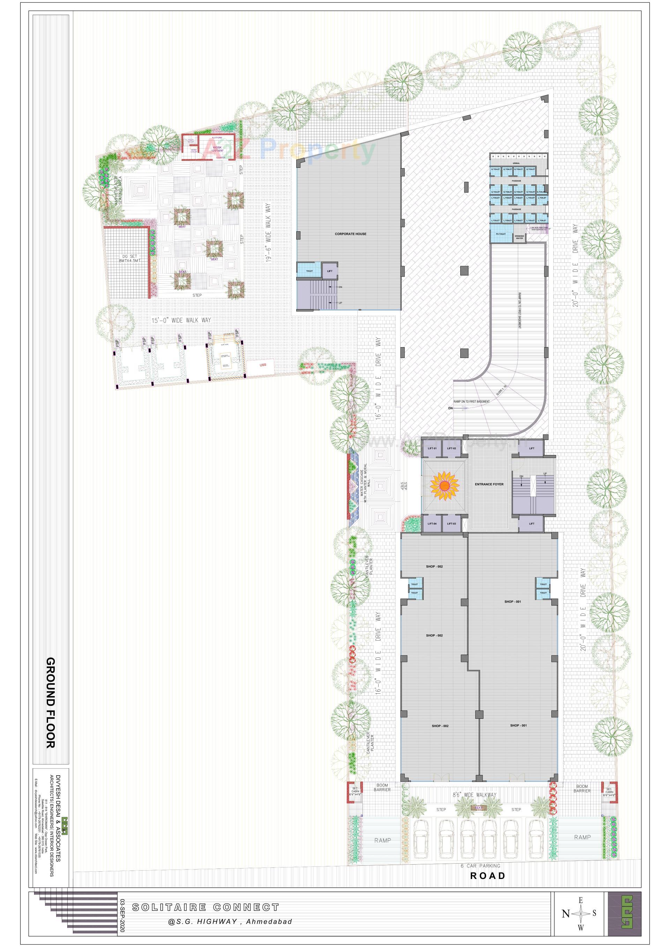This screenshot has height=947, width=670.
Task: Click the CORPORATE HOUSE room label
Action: tap(350, 234)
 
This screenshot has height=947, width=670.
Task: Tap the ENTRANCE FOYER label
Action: tap(489, 484)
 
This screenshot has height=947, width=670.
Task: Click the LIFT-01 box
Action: tap(432, 448)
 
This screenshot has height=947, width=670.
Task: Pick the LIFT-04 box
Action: tap(432, 524)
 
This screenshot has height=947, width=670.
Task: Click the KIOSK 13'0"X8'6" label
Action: tap(217, 149)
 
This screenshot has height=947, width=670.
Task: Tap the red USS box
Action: tap(263, 365)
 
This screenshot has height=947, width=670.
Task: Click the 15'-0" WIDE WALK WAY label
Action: tap(181, 320)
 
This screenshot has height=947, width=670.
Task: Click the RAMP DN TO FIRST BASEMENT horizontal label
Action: tap(471, 401)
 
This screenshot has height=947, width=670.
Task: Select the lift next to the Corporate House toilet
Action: tap(330, 271)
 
